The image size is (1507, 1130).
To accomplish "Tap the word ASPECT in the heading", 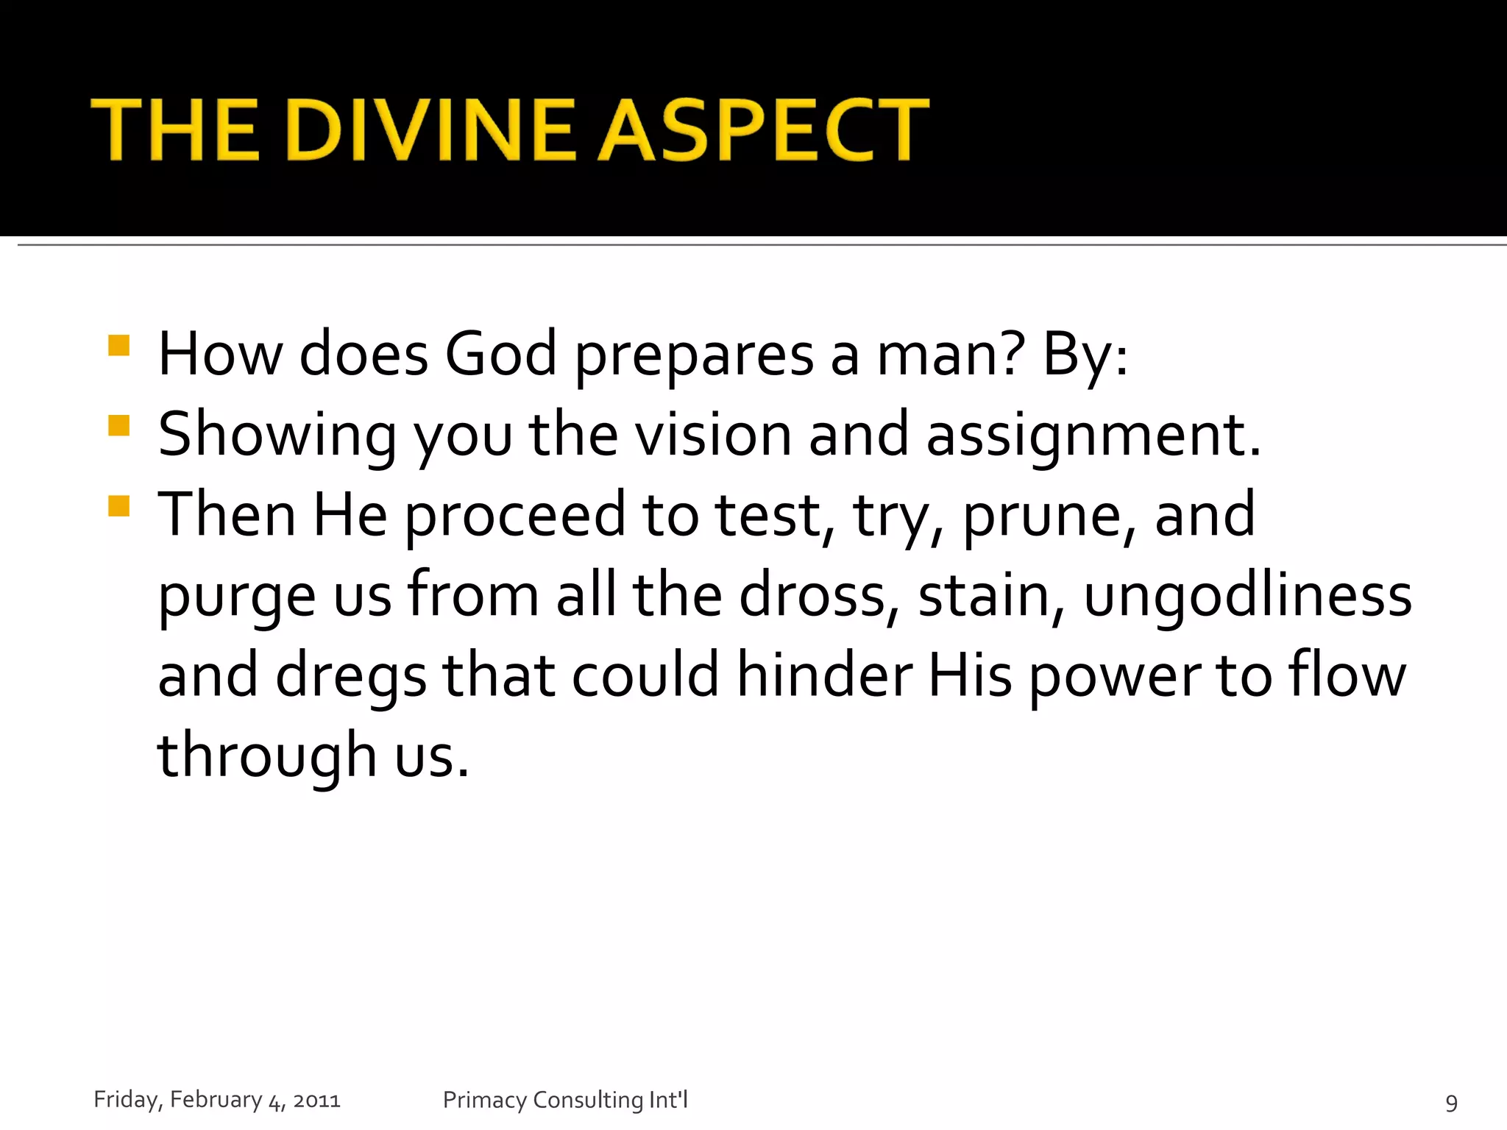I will coord(763,130).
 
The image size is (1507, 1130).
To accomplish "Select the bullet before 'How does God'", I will coord(118,346).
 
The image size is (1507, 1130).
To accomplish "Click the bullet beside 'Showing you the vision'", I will coord(118,426).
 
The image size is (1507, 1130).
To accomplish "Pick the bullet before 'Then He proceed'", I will coord(118,506).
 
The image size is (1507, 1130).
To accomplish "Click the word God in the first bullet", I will coord(500,355).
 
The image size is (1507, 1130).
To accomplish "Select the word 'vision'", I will coord(713,435).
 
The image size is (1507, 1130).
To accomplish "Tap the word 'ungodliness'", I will coord(1247,596).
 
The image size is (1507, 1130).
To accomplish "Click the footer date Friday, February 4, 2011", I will coord(217,1100).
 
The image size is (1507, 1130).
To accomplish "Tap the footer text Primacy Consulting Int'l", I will coord(565,1100).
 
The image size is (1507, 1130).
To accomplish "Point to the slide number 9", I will coord(1451,1102).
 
